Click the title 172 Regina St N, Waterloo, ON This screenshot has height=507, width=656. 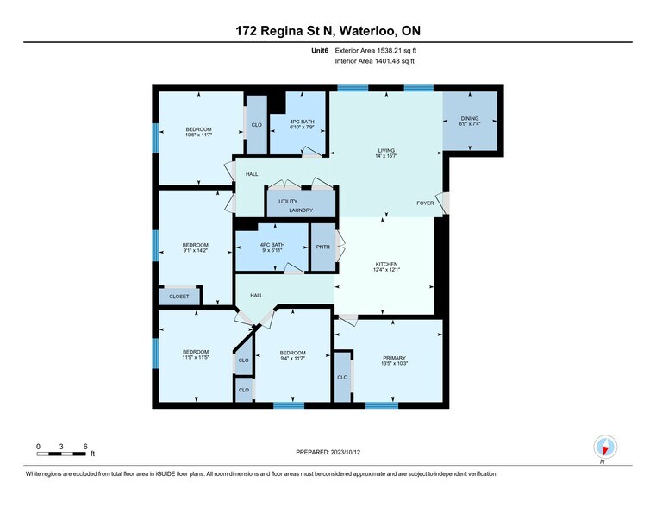click(x=328, y=31)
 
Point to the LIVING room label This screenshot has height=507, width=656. click(x=385, y=151)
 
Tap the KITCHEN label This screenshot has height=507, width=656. click(x=386, y=264)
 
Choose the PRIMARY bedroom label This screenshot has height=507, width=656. click(x=394, y=358)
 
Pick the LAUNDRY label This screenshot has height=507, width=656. click(x=301, y=210)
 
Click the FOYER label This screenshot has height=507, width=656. click(x=425, y=204)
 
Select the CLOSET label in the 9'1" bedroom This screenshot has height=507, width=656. click(x=178, y=297)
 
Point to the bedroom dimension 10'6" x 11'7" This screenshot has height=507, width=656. click(x=198, y=135)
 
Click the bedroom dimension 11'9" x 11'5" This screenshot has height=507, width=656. click(x=195, y=357)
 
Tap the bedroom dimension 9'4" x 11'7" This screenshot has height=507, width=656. click(x=293, y=357)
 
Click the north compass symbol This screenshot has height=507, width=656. click(x=606, y=448)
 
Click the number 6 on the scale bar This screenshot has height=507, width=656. click(x=85, y=446)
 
